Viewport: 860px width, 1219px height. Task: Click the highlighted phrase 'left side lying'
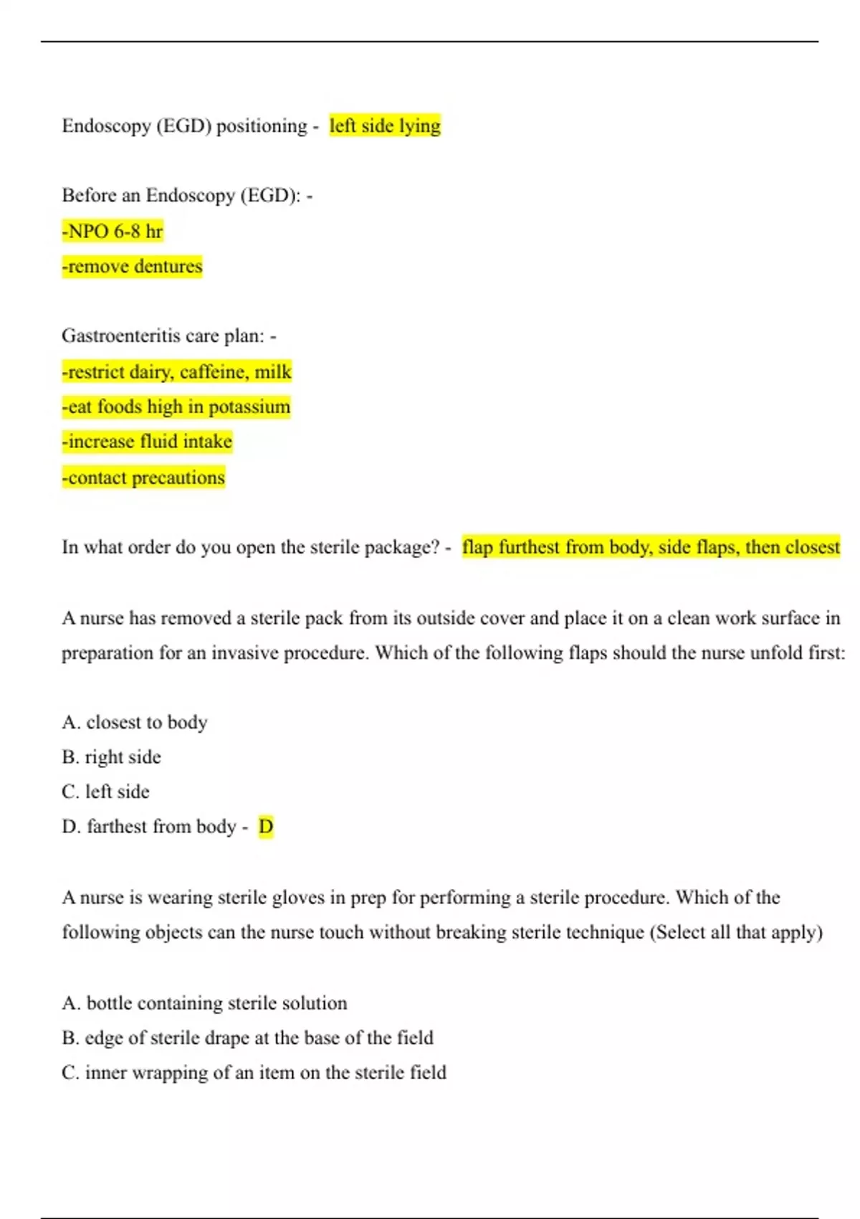click(385, 125)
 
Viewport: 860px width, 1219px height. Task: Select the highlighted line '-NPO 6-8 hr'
click(113, 231)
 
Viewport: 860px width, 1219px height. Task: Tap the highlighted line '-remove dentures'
click(132, 266)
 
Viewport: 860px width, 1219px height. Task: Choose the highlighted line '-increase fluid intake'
click(147, 441)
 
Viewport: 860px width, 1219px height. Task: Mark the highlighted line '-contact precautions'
click(143, 477)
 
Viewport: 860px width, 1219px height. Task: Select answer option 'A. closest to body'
click(135, 722)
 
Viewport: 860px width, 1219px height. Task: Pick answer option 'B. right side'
click(112, 756)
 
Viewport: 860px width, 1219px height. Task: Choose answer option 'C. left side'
click(106, 792)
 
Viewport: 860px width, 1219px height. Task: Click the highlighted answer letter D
click(266, 827)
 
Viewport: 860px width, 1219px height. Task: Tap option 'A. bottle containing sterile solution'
click(205, 1003)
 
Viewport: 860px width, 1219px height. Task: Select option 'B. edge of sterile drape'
click(248, 1038)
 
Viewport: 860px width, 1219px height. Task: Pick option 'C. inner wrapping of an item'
click(254, 1073)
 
